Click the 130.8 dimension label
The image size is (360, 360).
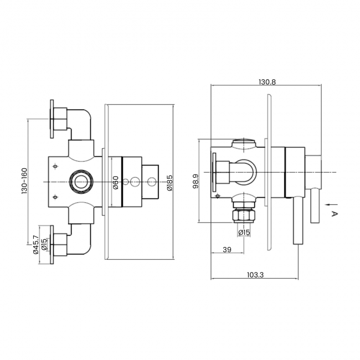pos(266,81)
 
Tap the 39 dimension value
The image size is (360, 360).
pos(227,250)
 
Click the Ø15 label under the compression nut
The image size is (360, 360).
pos(243,233)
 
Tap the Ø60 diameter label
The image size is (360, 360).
pos(116,182)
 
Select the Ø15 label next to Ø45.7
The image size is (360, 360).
pos(44,243)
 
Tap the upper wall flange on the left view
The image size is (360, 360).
pos(52,120)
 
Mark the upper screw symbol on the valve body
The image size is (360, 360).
pos(54,166)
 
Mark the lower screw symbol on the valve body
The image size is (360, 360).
pos(54,196)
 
